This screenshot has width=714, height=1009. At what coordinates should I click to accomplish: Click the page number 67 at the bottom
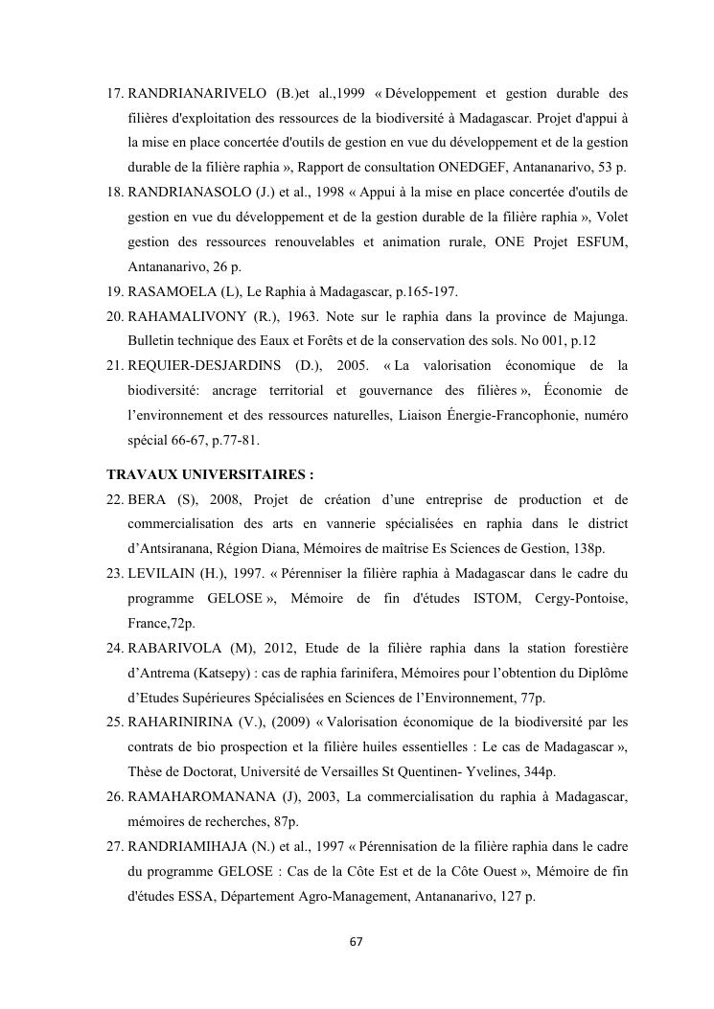(x=356, y=942)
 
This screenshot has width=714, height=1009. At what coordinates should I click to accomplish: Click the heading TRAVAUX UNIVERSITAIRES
(x=210, y=474)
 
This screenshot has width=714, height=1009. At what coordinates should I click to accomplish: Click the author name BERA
(x=148, y=500)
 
